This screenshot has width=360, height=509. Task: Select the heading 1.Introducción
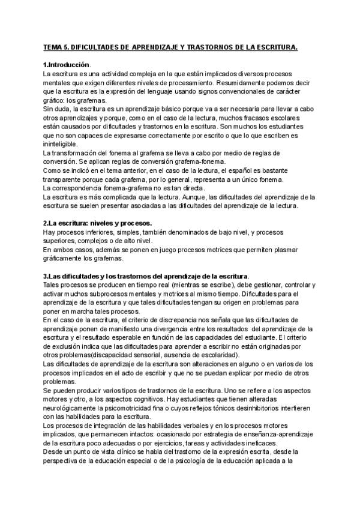point(66,64)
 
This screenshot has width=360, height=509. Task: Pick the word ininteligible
point(60,145)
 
